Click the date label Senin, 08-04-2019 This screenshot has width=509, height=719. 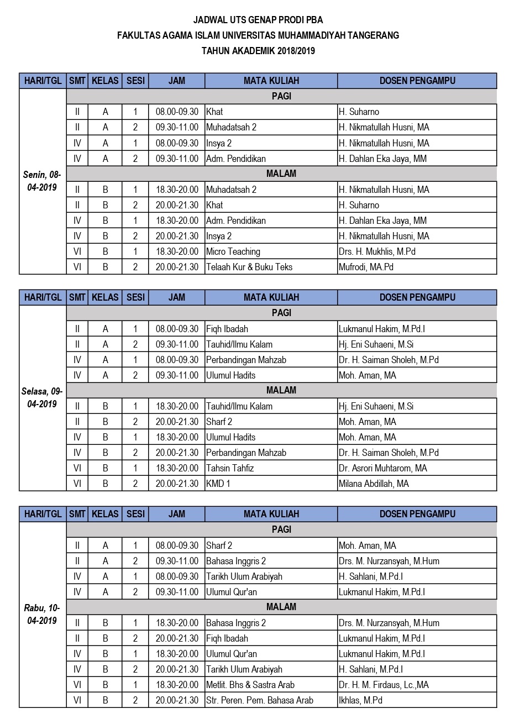pyautogui.click(x=43, y=181)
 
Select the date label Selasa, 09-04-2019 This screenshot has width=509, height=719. pyautogui.click(x=43, y=398)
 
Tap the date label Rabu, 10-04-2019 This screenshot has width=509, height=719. pyautogui.click(x=43, y=615)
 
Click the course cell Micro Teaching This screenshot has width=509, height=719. pyautogui.click(x=233, y=251)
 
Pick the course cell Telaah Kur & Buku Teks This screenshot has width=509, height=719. pyautogui.click(x=249, y=267)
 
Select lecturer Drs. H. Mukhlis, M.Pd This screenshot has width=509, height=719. pyautogui.click(x=377, y=251)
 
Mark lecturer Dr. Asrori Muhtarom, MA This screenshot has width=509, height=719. pyautogui.click(x=383, y=468)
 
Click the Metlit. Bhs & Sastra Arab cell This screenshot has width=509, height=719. pyautogui.click(x=250, y=685)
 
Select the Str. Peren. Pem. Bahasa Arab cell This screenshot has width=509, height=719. pyautogui.click(x=260, y=700)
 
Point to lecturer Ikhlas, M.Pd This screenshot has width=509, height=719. pyautogui.click(x=360, y=700)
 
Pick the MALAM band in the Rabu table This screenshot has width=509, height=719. pyautogui.click(x=281, y=607)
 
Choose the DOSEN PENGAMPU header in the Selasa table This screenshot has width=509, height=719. pyautogui.click(x=417, y=297)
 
